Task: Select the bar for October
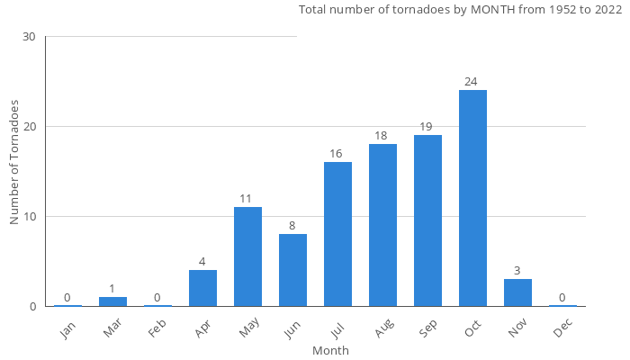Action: pos(472,198)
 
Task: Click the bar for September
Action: pos(427,220)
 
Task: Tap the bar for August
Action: pos(382,225)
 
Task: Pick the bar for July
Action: pos(337,234)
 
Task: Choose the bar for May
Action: pos(247,256)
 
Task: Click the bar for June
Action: pos(292,270)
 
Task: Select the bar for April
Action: pos(202,288)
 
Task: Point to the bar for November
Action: pos(517,292)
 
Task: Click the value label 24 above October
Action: pos(471,82)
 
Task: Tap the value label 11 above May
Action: pos(246,199)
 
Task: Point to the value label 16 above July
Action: pos(336,154)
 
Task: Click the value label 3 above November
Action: pos(517,271)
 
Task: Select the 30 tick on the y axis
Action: pos(30,37)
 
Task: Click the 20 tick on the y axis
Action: pos(30,127)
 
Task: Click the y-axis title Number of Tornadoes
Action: pos(14,162)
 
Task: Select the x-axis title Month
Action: pos(330,350)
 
